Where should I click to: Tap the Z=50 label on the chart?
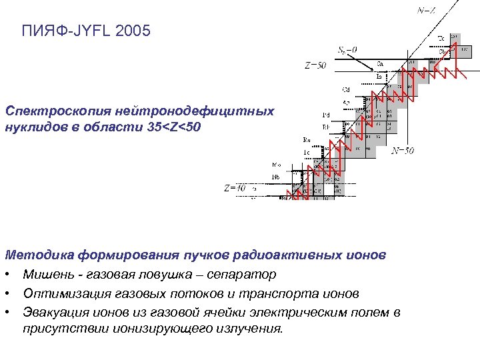coord(315,65)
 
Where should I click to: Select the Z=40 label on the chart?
coord(235,188)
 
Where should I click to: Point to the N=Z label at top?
coord(427,10)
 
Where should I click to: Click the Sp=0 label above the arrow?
coord(347,49)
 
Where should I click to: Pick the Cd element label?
coord(347,89)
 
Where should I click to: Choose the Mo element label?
coord(276,164)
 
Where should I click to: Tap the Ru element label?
coord(307,139)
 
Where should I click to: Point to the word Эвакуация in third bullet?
coord(53,312)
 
